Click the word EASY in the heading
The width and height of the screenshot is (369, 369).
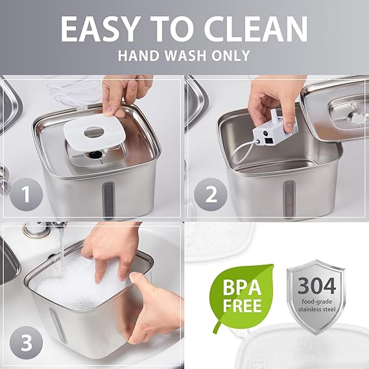pos(99,29)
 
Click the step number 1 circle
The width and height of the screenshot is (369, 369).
pos(27,194)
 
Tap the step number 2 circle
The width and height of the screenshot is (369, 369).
pos(211,194)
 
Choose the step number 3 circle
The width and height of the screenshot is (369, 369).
pos(27,342)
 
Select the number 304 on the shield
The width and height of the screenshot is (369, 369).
pos(316,285)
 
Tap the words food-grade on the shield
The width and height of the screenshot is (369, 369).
pos(316,302)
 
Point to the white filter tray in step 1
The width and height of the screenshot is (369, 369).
pos(94,133)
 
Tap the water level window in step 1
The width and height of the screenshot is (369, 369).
pos(108,200)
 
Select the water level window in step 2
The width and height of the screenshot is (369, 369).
pos(289,199)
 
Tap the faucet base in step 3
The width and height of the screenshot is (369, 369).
pos(36,231)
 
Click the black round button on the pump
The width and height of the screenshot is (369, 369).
pos(266,133)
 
